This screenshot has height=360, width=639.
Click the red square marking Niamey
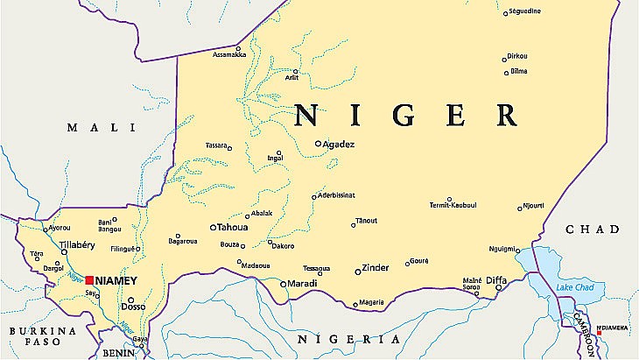click(x=89, y=280)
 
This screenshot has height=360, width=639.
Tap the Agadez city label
click(x=339, y=144)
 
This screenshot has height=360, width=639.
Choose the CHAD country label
click(x=593, y=229)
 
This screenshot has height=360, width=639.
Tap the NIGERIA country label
click(x=348, y=339)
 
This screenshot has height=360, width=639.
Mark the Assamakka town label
click(x=228, y=55)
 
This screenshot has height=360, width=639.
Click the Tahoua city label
click(x=232, y=227)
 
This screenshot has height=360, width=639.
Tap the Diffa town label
click(x=497, y=280)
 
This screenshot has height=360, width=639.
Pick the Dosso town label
click(x=133, y=307)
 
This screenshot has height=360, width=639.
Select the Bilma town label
click(x=518, y=71)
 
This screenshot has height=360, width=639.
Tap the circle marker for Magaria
click(x=355, y=305)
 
